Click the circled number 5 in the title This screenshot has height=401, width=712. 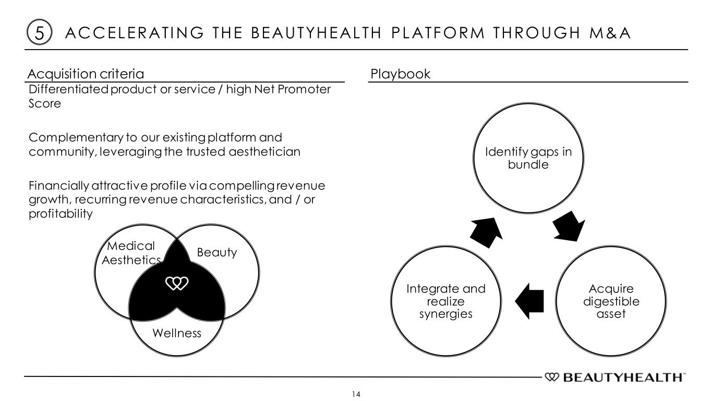pos(35,33)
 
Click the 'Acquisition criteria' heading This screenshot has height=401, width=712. pos(86,74)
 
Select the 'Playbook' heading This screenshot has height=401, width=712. pos(400,74)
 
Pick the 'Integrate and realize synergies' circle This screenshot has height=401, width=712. pos(445,302)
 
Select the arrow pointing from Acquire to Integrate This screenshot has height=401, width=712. pos(529,300)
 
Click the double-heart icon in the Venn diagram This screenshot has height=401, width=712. pos(176,283)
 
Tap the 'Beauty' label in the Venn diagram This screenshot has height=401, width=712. pos(216,253)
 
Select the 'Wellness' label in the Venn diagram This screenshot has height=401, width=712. pos(176,333)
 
